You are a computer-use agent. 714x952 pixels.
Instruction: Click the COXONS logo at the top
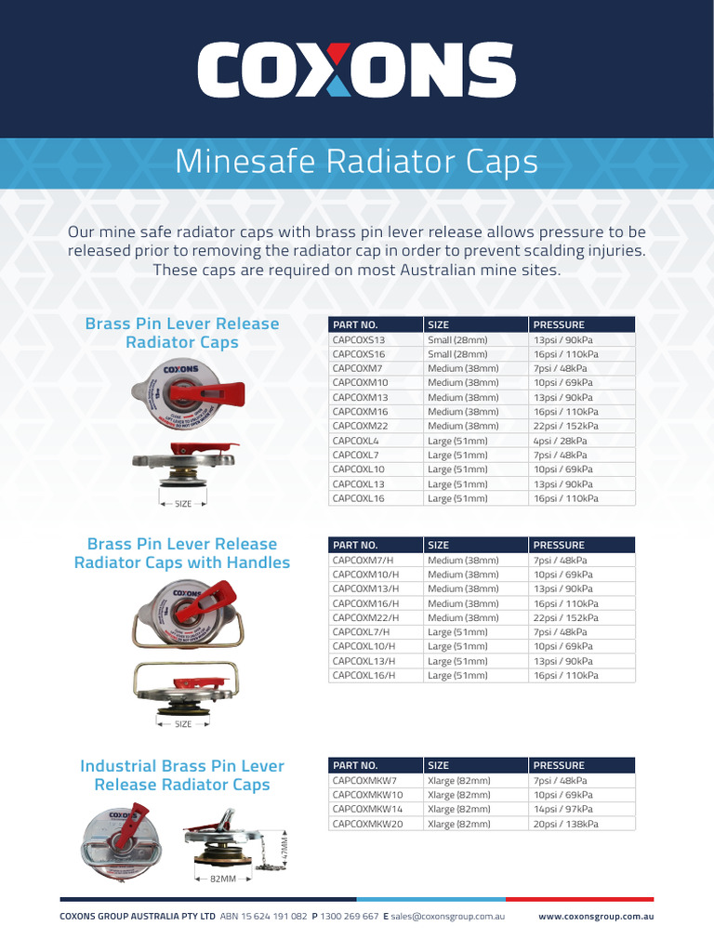click(356, 71)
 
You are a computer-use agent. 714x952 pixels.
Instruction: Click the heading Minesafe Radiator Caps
click(356, 162)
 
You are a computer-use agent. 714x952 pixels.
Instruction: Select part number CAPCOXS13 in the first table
click(359, 340)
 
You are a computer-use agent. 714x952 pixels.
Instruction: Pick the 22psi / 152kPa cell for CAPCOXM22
click(565, 426)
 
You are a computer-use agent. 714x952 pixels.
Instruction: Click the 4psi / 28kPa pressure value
click(560, 441)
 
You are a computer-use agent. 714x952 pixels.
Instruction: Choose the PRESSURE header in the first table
click(559, 324)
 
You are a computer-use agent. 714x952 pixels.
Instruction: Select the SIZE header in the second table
click(438, 545)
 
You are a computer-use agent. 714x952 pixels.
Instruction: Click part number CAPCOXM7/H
click(364, 561)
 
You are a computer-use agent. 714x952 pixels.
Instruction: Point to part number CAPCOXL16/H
click(364, 676)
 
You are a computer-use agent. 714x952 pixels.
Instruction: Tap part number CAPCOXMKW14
click(368, 809)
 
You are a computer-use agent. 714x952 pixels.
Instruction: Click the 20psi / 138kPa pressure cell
click(565, 824)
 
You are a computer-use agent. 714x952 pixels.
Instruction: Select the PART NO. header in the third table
click(355, 765)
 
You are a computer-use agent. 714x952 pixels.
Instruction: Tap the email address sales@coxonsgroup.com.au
click(447, 917)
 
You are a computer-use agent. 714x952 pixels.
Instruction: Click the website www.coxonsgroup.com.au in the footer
click(596, 917)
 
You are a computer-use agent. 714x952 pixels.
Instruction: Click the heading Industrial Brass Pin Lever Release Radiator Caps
click(182, 775)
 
